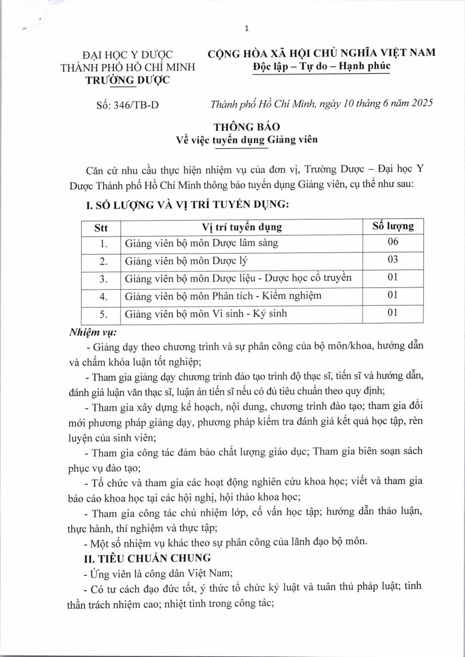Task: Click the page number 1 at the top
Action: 247,28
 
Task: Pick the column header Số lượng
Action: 393,226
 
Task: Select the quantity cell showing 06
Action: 392,242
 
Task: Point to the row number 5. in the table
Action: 102,314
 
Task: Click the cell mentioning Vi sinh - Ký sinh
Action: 205,314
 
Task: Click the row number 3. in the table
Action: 102,279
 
